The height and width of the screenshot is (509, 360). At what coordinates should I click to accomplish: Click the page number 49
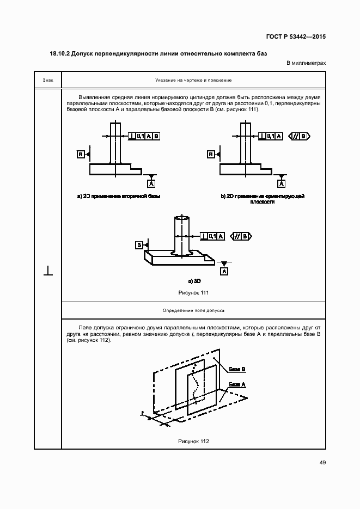coord(322,463)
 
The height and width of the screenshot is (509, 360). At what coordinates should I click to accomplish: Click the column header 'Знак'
coord(48,81)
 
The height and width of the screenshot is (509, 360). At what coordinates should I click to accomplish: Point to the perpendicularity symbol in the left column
coord(48,271)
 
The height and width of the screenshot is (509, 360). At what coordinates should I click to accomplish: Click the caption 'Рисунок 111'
coord(194,293)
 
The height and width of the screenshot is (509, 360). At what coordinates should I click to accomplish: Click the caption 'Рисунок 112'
coord(194,441)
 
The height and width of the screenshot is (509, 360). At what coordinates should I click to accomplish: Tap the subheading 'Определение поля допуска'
coord(194,310)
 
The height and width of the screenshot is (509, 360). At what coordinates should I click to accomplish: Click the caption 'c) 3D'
coord(194,281)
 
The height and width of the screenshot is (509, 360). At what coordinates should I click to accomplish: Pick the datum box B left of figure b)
coord(210,155)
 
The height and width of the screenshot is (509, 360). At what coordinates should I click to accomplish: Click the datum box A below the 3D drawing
coord(224,271)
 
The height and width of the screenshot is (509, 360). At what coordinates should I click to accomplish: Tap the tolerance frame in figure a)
coord(144,136)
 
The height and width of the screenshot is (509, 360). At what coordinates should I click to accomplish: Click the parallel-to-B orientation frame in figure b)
coord(300,136)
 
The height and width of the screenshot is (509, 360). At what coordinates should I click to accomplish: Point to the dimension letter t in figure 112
coord(142,414)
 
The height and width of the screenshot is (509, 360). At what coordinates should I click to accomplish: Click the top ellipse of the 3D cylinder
coord(182,218)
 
